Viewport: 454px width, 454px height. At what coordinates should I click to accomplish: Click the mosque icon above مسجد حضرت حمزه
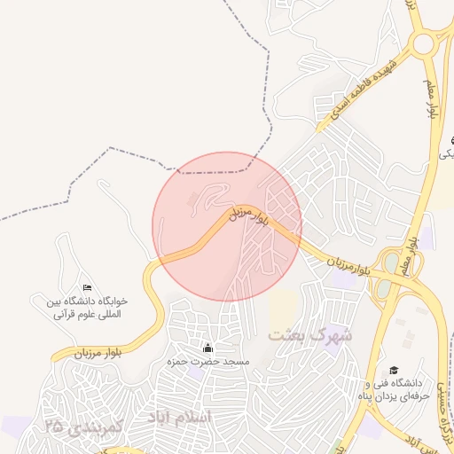[x=208, y=348]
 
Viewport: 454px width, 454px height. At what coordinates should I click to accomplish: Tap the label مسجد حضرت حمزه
[x=208, y=363]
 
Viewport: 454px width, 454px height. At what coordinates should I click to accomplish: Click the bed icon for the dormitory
[x=86, y=287]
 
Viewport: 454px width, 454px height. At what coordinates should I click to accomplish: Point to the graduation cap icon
[x=394, y=371]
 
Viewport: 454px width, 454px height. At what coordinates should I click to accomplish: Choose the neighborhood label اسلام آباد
[x=180, y=417]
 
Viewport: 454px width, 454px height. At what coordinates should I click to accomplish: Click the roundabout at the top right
[x=424, y=43]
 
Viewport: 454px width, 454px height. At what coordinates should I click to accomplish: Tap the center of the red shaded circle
[x=227, y=226]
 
